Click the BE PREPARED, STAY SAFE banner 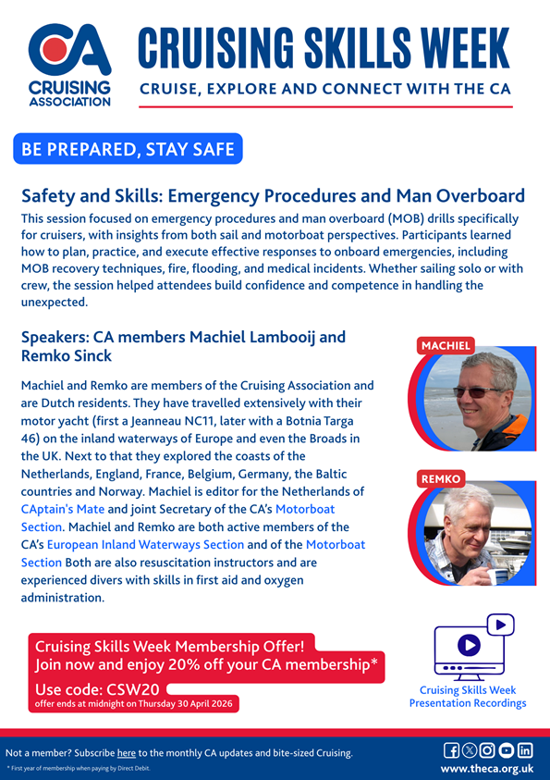(128, 149)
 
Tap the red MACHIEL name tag (446, 346)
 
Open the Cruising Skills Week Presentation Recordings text (468, 697)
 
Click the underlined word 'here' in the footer (126, 752)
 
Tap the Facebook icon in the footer (452, 750)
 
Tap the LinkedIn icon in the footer (525, 750)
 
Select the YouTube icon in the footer (507, 750)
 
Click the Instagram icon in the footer (488, 750)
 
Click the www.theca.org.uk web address (487, 769)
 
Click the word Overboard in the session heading (471, 196)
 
